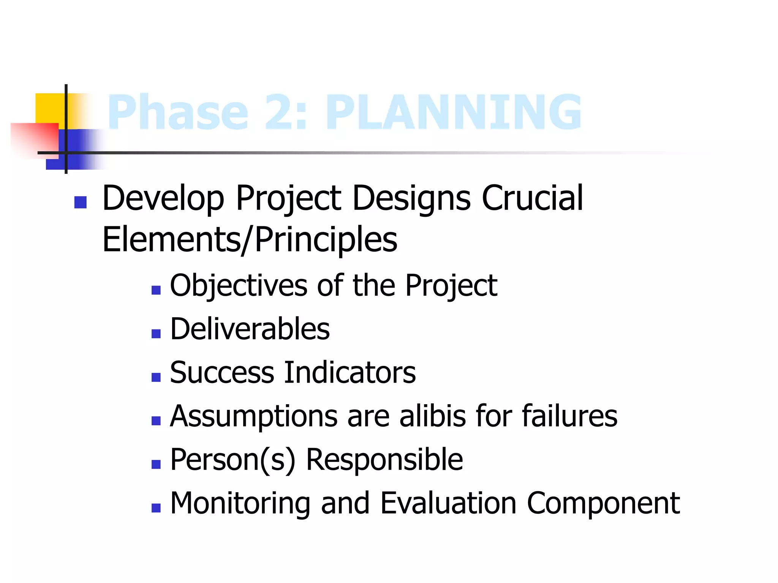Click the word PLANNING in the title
(x=454, y=112)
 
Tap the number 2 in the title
(x=286, y=112)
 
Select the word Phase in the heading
(x=178, y=112)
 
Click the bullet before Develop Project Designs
(x=81, y=202)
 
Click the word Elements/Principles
(x=250, y=240)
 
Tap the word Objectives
(x=239, y=285)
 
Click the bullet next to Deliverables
(x=156, y=334)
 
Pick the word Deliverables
(x=250, y=329)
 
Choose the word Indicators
(x=350, y=372)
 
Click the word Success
(x=222, y=372)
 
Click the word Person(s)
(x=232, y=460)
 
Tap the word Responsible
(x=384, y=460)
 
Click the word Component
(x=603, y=504)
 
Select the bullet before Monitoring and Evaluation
(x=156, y=508)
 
